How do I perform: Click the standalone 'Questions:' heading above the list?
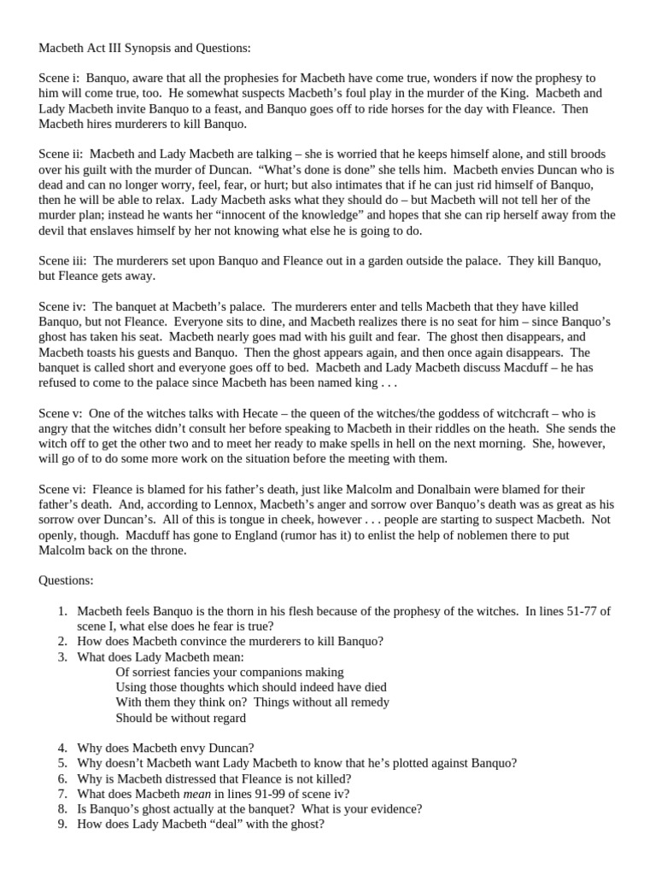click(67, 580)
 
